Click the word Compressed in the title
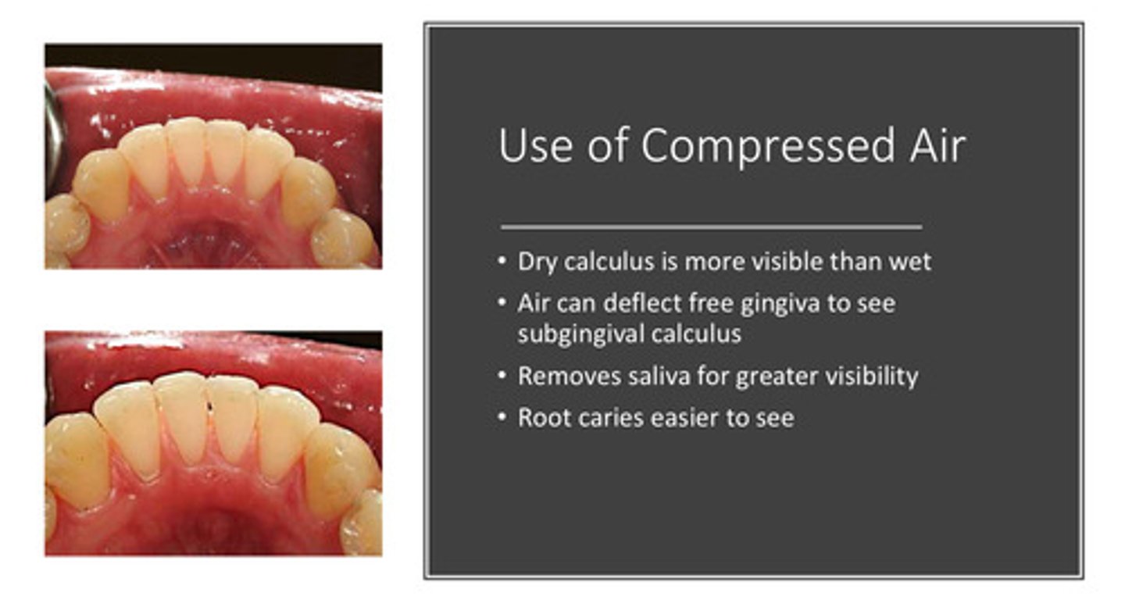[x=768, y=146]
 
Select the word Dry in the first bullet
[x=537, y=262]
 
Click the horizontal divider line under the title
[x=711, y=227]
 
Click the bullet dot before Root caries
[x=503, y=418]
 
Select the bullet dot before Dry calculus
[x=503, y=262]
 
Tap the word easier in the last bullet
[x=677, y=418]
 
